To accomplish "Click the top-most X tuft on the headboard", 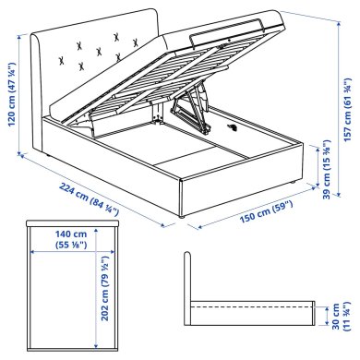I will click(116, 36).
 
